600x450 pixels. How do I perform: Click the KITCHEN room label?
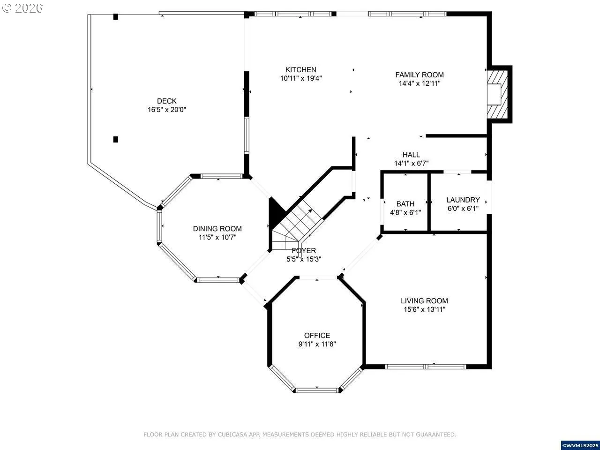(x=300, y=70)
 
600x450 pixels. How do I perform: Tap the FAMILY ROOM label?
(x=420, y=75)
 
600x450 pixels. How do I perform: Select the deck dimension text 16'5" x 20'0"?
(x=167, y=110)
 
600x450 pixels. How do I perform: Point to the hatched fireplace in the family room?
(x=497, y=95)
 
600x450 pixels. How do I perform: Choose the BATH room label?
(x=405, y=204)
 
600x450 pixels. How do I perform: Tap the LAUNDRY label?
(x=463, y=200)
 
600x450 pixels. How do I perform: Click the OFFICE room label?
(x=317, y=335)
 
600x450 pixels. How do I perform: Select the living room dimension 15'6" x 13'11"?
(x=425, y=309)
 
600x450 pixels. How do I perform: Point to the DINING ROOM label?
(x=217, y=228)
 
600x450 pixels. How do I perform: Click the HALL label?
(x=411, y=155)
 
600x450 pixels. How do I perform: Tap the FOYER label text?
(x=304, y=250)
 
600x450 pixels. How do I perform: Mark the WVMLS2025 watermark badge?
(x=580, y=445)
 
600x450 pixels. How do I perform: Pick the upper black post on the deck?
(x=116, y=17)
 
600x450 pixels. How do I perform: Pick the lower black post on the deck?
(x=116, y=139)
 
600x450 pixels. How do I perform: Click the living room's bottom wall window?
(x=426, y=367)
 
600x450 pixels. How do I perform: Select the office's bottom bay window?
(x=317, y=390)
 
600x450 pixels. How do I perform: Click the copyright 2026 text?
(x=22, y=8)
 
